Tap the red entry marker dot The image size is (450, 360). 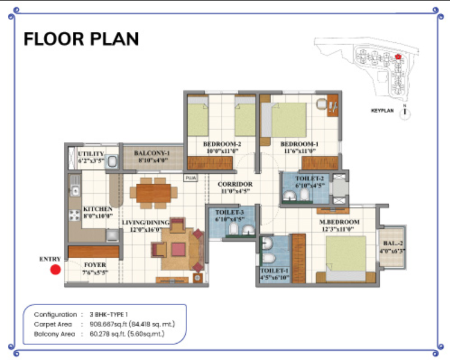point(55,270)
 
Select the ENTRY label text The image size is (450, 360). point(50,259)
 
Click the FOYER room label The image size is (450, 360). point(95,265)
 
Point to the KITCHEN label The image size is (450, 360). point(97,209)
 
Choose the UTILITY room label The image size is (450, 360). point(91,154)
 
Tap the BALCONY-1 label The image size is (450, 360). point(152,153)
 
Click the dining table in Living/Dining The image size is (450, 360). point(157,193)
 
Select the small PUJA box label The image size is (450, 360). point(191,178)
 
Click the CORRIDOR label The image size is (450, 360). point(235,184)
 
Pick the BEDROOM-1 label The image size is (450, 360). point(300,144)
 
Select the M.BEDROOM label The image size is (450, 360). point(339,222)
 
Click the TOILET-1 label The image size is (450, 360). point(274,271)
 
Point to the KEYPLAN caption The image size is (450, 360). point(383,111)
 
